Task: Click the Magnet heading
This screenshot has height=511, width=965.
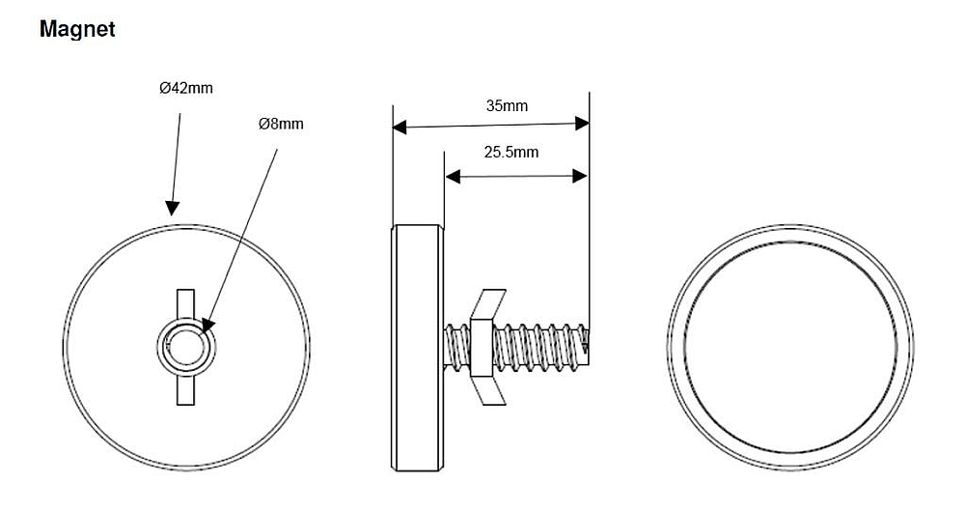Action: pyautogui.click(x=77, y=30)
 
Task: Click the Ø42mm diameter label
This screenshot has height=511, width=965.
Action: pyautogui.click(x=186, y=88)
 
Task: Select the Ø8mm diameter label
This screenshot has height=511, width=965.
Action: pyautogui.click(x=281, y=125)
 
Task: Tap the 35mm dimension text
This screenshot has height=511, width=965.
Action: pyautogui.click(x=507, y=105)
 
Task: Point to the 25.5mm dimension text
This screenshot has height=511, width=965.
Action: pyautogui.click(x=510, y=152)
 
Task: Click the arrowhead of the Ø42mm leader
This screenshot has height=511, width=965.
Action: pyautogui.click(x=172, y=207)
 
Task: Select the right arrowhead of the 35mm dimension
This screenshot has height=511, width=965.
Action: pyautogui.click(x=582, y=123)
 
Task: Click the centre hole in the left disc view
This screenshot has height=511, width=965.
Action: pyautogui.click(x=185, y=345)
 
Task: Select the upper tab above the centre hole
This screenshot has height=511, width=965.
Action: pyautogui.click(x=185, y=303)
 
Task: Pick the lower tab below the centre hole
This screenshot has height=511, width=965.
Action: pyautogui.click(x=185, y=387)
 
